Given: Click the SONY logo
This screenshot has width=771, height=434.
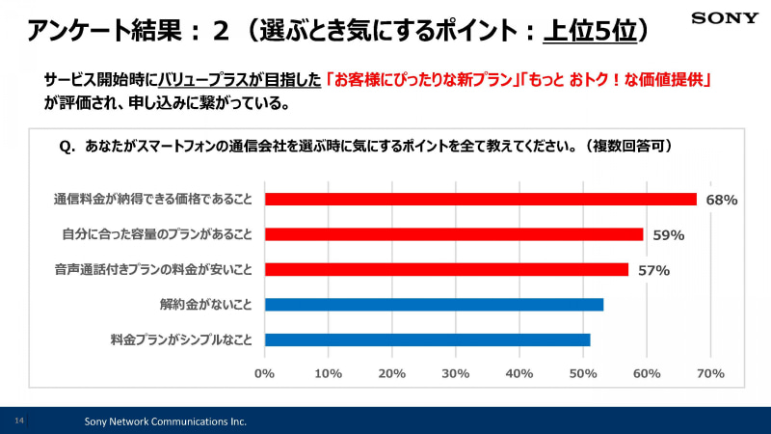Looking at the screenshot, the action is [725, 18].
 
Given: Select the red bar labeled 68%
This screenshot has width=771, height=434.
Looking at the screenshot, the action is [481, 199].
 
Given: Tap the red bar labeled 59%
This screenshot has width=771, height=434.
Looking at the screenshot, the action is [454, 234].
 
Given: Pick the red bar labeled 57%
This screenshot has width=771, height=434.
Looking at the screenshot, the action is [446, 270].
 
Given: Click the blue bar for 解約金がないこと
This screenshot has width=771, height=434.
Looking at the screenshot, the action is [435, 305].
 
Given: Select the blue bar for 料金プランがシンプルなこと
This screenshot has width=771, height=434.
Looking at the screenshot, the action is [427, 340].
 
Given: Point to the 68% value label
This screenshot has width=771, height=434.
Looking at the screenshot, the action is [722, 200].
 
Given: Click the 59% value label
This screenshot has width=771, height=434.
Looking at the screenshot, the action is [669, 235].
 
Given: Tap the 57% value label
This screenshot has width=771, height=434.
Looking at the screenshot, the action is [654, 270].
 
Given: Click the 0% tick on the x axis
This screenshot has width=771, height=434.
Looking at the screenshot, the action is [264, 374].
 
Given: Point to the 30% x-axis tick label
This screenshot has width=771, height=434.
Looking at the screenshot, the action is [455, 374].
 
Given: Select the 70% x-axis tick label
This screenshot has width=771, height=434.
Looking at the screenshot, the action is [710, 374].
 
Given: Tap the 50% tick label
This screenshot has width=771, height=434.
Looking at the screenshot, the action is [583, 374].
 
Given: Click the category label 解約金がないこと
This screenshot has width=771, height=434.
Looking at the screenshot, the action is [205, 305].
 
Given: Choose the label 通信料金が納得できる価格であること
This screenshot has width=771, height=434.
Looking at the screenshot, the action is [153, 200].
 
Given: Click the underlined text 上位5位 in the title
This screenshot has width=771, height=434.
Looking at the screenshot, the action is [590, 31].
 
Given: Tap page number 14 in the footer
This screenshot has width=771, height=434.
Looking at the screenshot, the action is [19, 420].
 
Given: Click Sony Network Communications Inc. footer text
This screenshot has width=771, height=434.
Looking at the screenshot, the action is [165, 421].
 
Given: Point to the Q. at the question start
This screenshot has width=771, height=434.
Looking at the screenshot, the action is [67, 147].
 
